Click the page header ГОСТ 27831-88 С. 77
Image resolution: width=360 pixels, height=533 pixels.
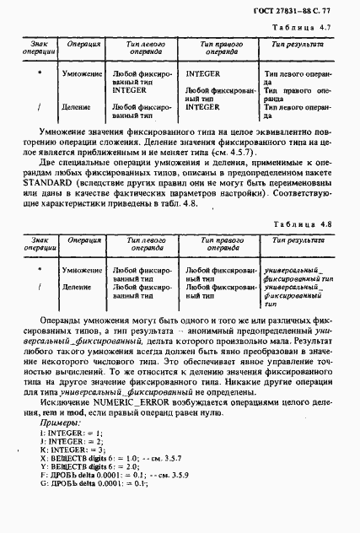(305, 10)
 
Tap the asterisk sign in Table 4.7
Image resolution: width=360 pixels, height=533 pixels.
(40, 74)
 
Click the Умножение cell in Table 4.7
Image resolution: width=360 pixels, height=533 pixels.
(82, 75)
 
